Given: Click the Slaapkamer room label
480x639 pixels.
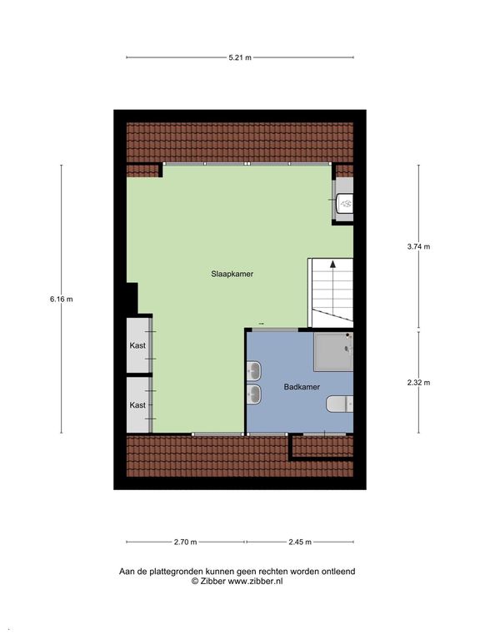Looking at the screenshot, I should point(232,273).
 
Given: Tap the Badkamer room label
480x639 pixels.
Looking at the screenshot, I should point(301,386).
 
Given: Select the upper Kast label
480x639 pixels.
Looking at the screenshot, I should point(137,344).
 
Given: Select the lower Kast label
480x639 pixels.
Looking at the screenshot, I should point(137,404).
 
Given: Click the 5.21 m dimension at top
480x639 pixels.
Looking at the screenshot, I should point(240,57).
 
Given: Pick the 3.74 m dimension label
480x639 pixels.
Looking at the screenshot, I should point(418,246).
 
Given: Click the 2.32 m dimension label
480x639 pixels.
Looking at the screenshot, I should point(418,383).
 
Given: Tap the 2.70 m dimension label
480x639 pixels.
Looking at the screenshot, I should point(185,542).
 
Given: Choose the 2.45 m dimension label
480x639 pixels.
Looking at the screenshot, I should point(299,542).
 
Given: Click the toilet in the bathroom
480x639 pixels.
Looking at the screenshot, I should point(337,405).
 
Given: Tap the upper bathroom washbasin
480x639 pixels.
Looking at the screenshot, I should point(254,369).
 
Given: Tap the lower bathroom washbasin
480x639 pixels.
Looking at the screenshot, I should point(254,393).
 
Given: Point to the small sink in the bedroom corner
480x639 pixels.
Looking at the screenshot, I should point(345,201).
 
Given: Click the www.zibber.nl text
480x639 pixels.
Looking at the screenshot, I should point(256,582).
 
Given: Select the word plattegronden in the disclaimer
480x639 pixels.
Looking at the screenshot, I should point(169,572).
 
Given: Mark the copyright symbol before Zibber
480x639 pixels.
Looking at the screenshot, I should point(195,582).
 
